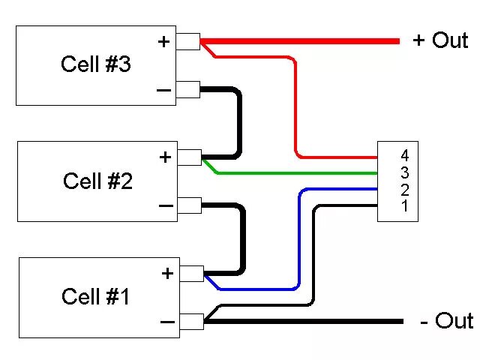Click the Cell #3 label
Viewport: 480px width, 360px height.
tap(95, 64)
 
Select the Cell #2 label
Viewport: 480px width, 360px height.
tap(97, 181)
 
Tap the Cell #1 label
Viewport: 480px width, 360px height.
tap(96, 297)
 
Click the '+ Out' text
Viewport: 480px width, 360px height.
tap(440, 40)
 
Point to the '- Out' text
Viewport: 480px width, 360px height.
tap(446, 321)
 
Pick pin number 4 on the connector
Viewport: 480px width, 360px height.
tap(405, 156)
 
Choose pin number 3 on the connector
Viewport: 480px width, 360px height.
tap(405, 172)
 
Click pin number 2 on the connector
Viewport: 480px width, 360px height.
tap(405, 189)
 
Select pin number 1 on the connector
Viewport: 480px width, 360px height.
tap(405, 205)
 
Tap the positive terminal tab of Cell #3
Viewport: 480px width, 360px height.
tap(188, 42)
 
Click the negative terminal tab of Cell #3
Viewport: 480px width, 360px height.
tap(188, 90)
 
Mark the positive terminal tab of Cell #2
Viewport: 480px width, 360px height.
tap(190, 157)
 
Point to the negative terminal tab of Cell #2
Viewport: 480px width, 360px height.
tap(190, 205)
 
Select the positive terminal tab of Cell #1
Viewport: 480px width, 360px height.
tap(192, 274)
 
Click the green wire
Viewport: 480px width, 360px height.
tap(300, 173)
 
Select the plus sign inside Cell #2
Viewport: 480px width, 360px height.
tap(166, 157)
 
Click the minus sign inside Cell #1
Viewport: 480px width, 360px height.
tap(167, 322)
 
